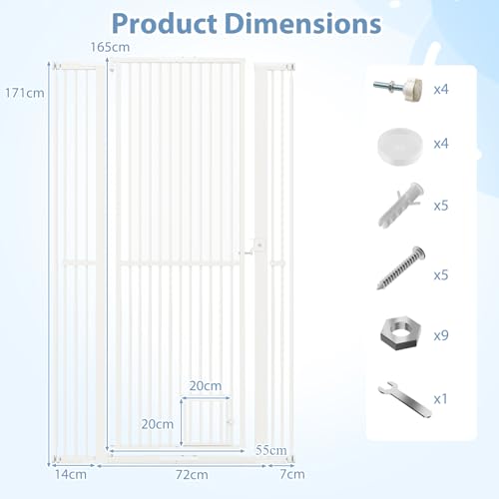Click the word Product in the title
pyautogui.click(x=165, y=24)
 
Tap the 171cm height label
pyautogui.click(x=25, y=93)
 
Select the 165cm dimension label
pyautogui.click(x=110, y=47)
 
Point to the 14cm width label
pyautogui.click(x=71, y=474)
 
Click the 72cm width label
pyautogui.click(x=192, y=474)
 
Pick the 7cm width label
pyautogui.click(x=292, y=474)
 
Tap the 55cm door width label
pyautogui.click(x=271, y=450)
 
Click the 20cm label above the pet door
pyautogui.click(x=206, y=386)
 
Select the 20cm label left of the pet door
pyautogui.click(x=158, y=424)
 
